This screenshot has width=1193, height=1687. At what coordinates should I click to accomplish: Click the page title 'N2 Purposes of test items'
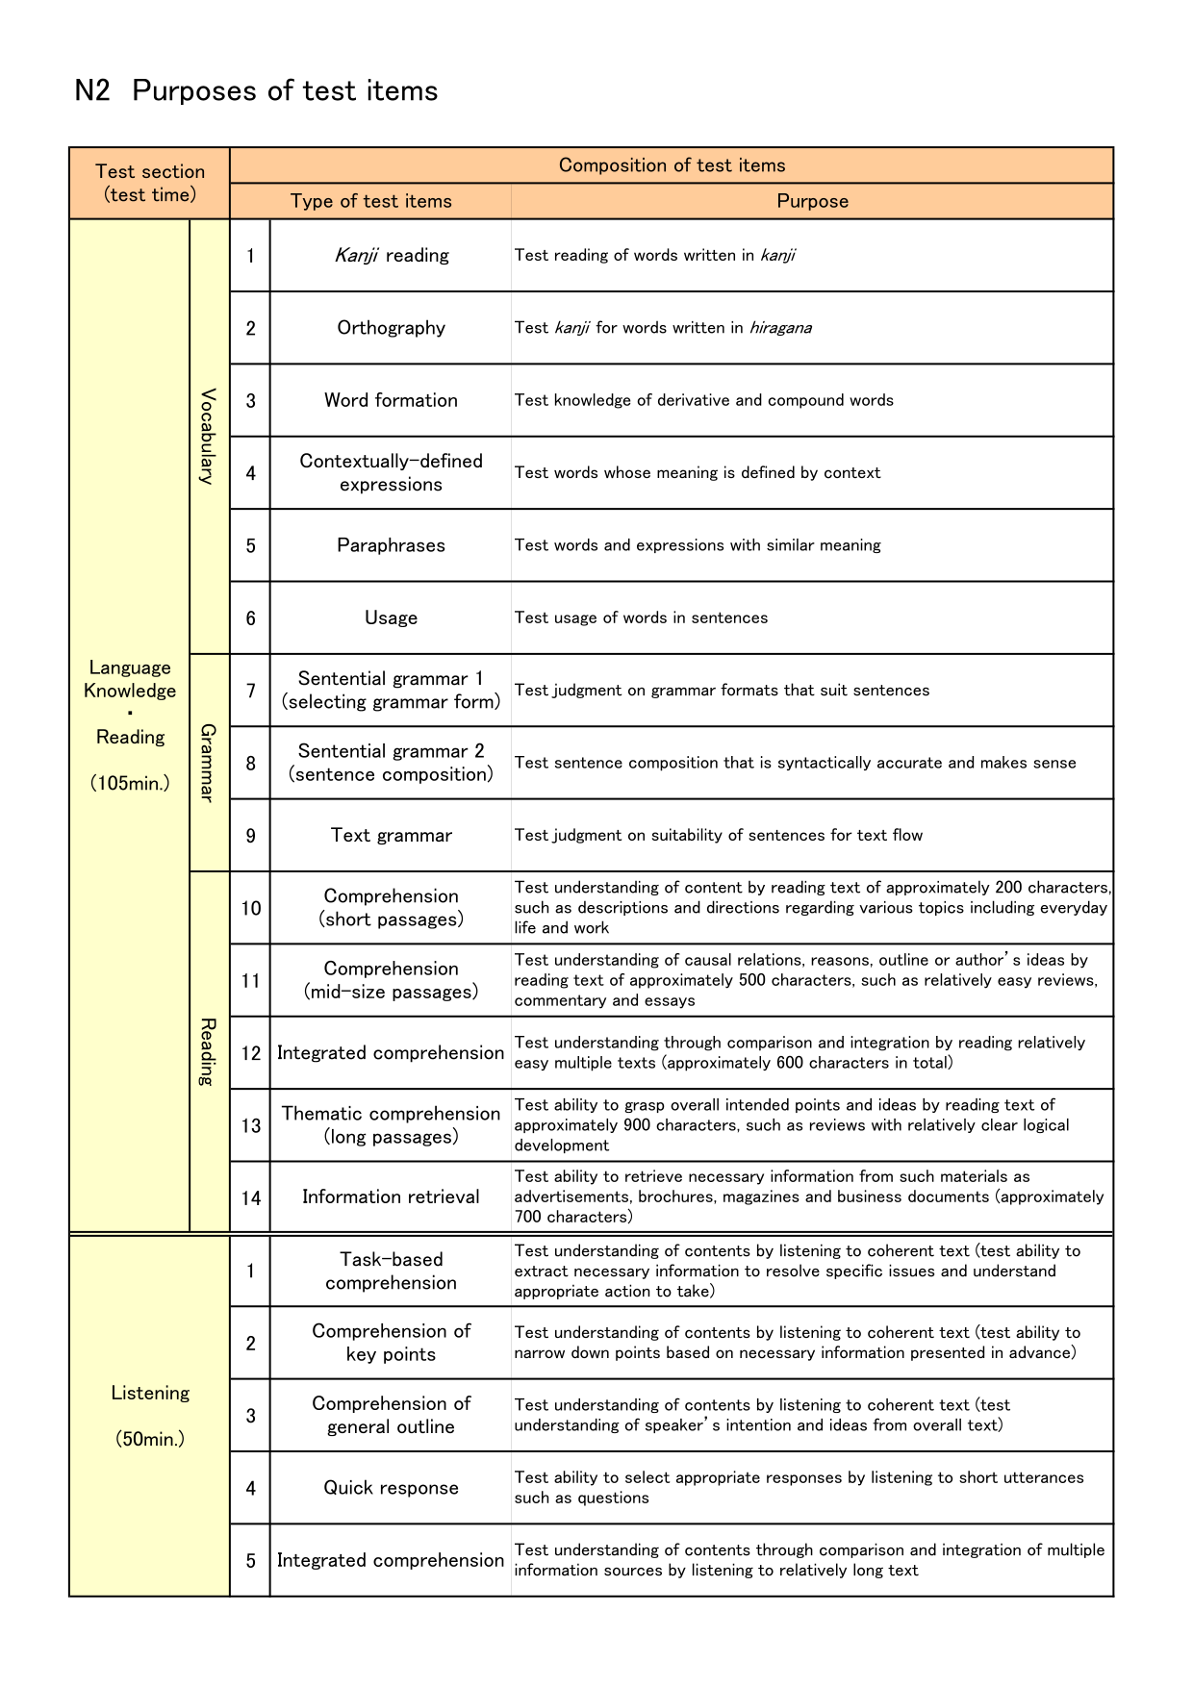256,90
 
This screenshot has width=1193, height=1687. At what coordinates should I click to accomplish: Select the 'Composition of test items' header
672,165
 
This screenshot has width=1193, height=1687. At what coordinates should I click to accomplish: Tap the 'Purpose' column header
812,201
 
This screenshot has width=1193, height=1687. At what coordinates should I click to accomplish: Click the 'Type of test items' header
370,201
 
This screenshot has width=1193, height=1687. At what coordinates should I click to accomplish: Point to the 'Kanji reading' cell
391,255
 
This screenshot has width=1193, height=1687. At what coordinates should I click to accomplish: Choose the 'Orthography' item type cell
391,328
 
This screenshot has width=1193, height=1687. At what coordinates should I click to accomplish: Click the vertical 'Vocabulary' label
208,436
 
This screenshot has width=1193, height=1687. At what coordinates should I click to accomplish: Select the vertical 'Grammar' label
208,763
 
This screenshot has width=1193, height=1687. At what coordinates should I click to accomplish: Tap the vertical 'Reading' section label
208,1051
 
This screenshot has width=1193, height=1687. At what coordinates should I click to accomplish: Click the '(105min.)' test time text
130,783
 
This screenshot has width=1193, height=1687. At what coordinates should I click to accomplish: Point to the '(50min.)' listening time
149,1440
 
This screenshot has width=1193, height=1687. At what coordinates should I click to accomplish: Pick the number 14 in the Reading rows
250,1197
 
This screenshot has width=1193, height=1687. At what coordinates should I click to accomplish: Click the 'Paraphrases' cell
391,545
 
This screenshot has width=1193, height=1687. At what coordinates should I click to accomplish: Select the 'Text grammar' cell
391,835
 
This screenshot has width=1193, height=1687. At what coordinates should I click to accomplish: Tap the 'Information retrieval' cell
391,1196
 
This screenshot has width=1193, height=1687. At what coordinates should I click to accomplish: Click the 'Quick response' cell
391,1488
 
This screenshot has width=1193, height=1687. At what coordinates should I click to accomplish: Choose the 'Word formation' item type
391,400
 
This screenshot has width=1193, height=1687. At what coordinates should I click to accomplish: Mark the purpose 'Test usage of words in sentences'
641,617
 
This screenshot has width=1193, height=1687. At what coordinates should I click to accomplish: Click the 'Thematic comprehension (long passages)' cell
391,1124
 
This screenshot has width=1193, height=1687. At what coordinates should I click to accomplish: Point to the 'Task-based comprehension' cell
391,1271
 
